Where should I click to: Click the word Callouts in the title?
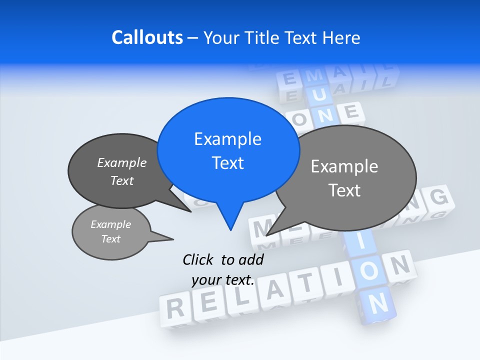[x=147, y=37]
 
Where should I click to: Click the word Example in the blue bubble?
[x=227, y=139]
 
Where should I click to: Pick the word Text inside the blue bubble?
[x=227, y=163]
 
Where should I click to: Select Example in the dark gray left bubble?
[x=122, y=162]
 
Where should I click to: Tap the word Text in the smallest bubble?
[x=111, y=239]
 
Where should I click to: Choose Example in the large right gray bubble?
[x=344, y=166]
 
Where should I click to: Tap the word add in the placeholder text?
[x=251, y=259]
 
